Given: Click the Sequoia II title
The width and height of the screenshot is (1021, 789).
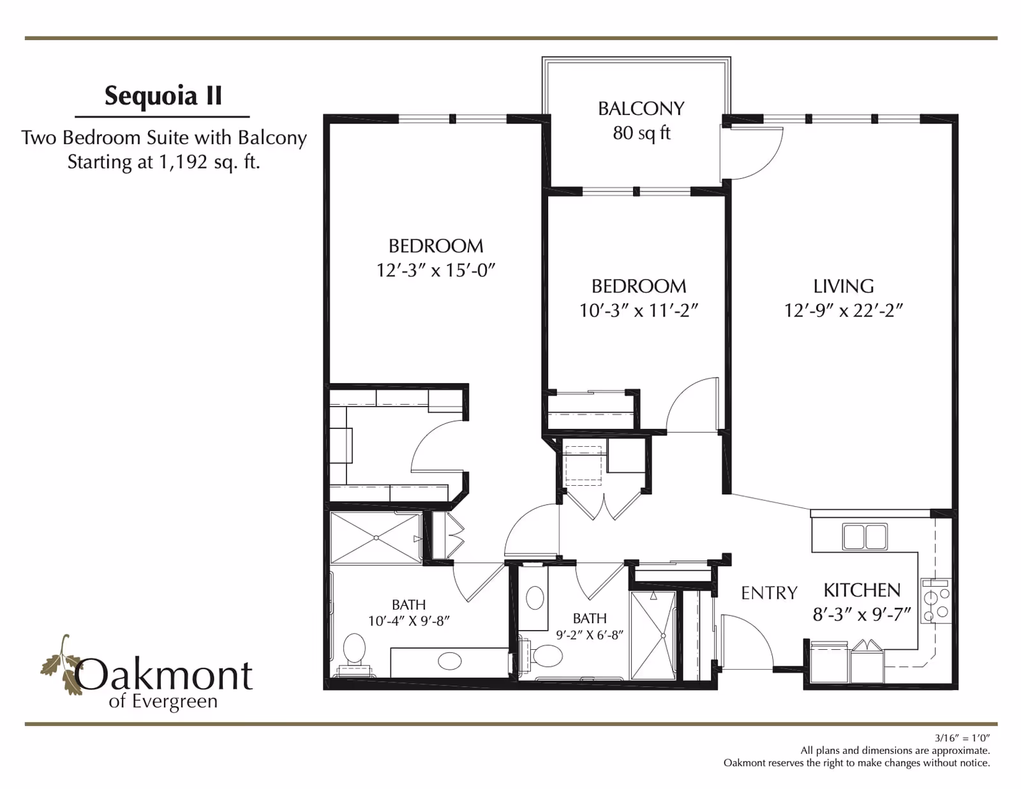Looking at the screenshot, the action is point(163,96).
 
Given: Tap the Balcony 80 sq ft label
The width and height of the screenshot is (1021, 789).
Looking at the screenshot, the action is point(641,121).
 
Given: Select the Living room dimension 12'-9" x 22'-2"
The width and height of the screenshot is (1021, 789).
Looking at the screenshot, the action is point(844,310).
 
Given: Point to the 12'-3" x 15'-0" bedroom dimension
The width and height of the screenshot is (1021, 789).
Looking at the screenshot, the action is point(436,270).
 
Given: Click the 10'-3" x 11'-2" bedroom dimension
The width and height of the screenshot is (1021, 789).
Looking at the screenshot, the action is point(639,310).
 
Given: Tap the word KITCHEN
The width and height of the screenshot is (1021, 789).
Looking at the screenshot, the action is point(861,590).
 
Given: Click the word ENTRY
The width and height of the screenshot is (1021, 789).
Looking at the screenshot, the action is point(769,593).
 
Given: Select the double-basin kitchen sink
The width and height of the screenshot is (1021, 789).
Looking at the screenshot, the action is point(865,536).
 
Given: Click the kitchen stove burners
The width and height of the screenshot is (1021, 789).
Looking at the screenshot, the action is point(936,601).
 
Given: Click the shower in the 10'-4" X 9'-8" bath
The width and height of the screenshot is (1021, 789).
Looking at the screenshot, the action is point(376,537).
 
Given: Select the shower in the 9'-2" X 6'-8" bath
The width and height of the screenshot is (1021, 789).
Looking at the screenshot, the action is point(653,635).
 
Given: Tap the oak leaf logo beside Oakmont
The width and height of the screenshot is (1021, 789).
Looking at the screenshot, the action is point(61,664).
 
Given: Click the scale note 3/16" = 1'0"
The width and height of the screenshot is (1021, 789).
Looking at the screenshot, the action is point(962,738).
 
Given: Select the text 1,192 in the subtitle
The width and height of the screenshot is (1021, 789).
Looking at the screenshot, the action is point(183,162).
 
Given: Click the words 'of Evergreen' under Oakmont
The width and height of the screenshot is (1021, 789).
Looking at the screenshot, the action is point(163,702).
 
